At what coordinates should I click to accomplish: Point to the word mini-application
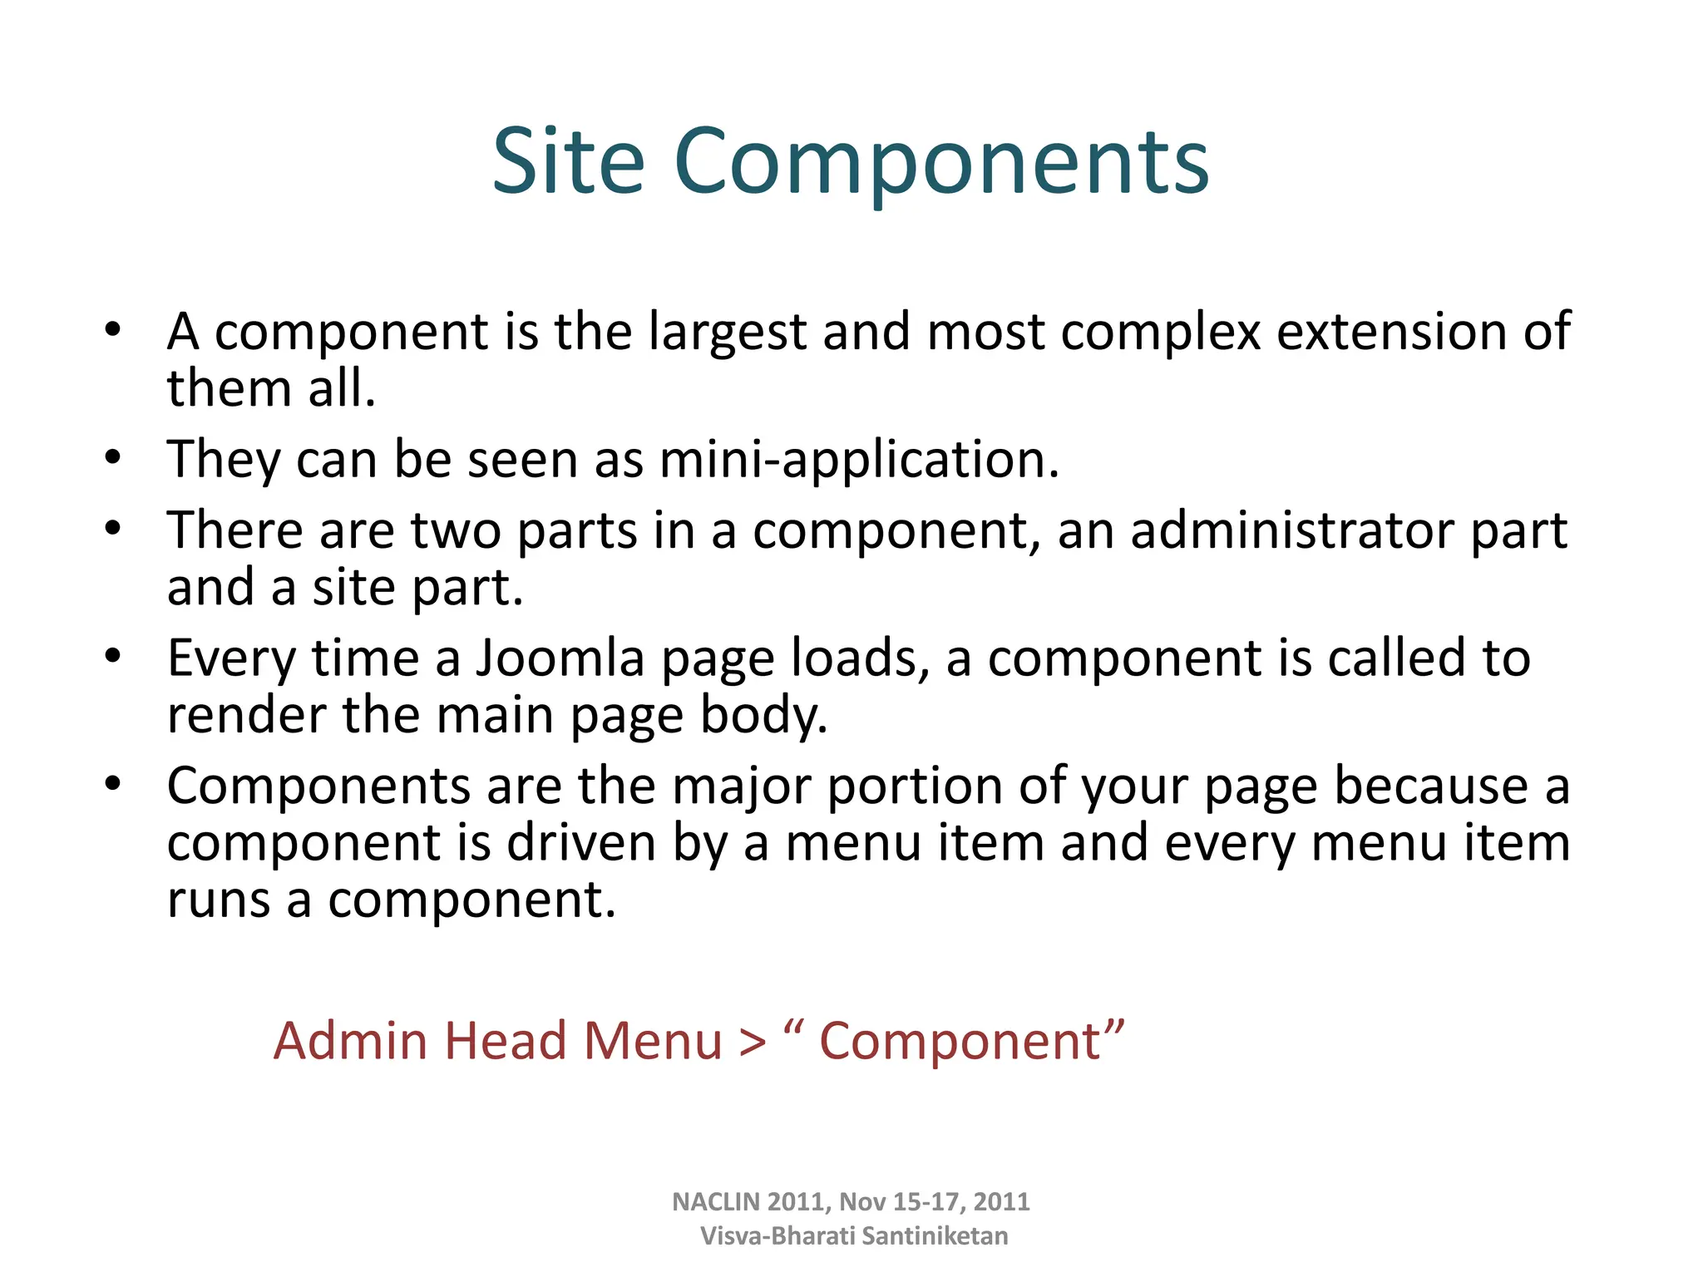point(859,460)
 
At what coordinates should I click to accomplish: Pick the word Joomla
point(560,658)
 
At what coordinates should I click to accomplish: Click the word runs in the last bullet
point(219,901)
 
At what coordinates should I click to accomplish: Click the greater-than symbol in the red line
point(753,1043)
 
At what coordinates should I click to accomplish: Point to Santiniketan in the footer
point(935,1236)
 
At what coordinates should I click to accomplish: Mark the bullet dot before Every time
point(113,657)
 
